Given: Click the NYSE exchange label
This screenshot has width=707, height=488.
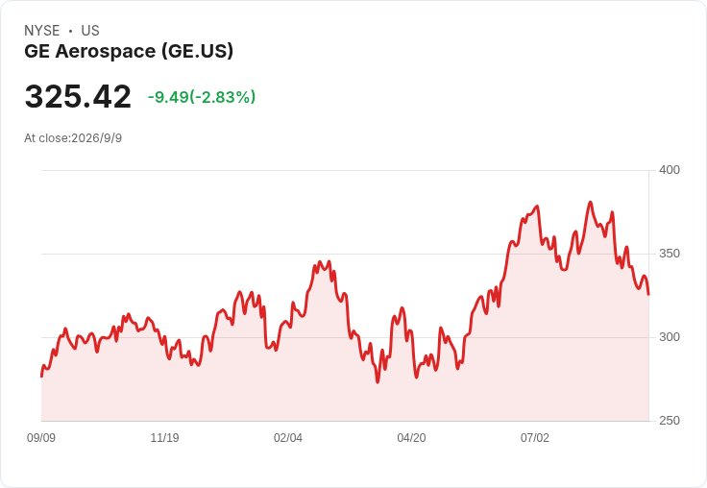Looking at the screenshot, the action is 42,31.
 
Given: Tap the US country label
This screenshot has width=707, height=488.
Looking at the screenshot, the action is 90,31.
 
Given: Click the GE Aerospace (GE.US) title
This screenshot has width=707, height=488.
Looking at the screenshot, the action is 129,52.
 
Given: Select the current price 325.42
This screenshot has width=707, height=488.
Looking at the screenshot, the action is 78,96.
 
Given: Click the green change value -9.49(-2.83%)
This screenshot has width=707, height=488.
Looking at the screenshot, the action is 202,97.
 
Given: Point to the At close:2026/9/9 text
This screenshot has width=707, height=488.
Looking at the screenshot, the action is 73,138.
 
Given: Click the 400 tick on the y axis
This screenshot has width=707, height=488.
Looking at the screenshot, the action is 670,170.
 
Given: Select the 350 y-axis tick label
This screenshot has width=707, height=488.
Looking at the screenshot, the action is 670,254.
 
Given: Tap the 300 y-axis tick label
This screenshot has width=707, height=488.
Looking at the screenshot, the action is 670,337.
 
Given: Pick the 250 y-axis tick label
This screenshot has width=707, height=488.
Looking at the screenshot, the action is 670,421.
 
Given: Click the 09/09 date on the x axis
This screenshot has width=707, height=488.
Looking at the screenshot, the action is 41,438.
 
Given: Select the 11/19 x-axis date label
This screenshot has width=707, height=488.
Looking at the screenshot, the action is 164,438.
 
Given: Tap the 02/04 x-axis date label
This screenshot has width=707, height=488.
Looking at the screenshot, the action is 287,438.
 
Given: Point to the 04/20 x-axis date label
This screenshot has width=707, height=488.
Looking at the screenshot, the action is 411,438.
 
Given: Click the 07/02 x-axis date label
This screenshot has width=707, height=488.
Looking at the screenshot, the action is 535,438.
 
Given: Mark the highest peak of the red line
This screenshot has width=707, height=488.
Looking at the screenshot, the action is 590,202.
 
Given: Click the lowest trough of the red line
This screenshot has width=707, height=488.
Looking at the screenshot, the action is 378,382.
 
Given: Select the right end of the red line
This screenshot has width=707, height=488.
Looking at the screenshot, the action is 648,295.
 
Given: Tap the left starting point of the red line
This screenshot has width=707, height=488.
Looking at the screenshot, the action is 41,377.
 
